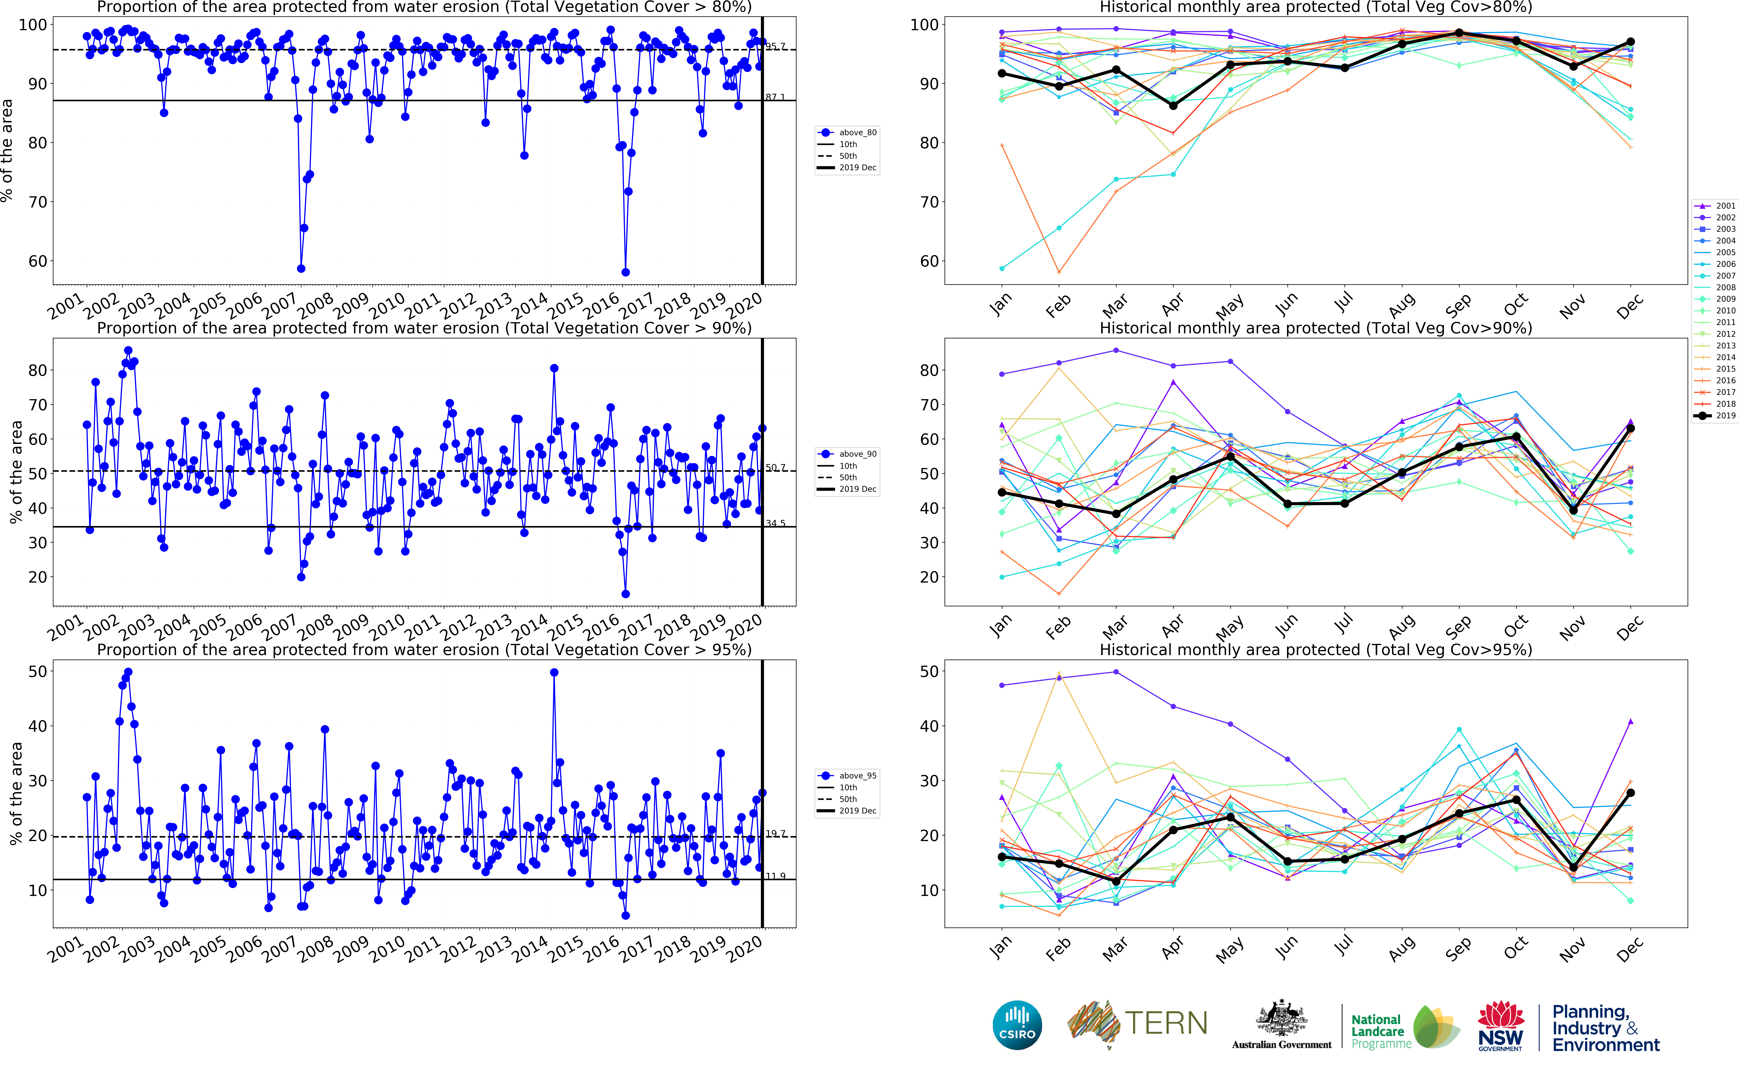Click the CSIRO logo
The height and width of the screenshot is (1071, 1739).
1017,1025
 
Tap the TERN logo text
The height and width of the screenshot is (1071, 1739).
1166,1024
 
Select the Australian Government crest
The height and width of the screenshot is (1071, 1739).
1281,1020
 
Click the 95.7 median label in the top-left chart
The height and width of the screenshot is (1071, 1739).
775,47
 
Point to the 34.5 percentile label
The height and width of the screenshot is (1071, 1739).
775,523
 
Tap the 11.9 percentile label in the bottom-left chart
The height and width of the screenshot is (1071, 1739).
775,876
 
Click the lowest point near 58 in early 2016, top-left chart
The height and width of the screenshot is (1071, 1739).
625,272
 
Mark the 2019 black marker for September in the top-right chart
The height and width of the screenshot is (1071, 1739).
1459,33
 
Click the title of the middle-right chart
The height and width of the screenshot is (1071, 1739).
1315,328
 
